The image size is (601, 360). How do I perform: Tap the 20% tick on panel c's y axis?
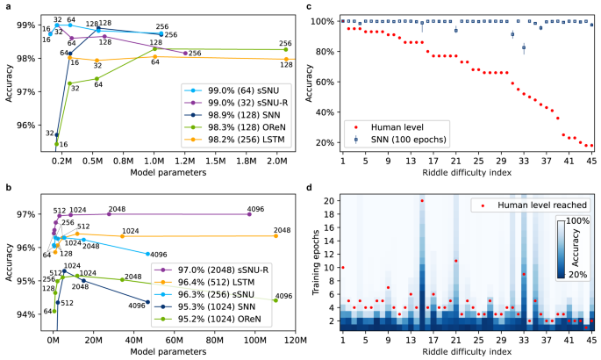tap(326, 141)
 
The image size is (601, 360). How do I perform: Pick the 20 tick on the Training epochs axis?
tap(328, 200)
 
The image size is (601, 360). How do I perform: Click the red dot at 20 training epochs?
tap(422, 200)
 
